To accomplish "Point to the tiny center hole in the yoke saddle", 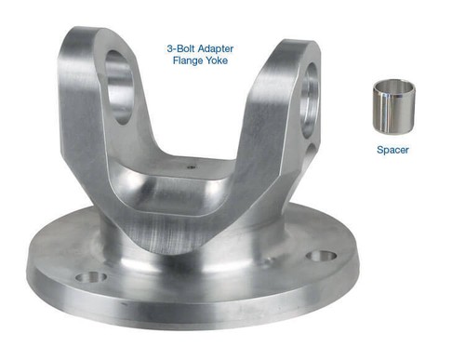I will [x=192, y=168].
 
